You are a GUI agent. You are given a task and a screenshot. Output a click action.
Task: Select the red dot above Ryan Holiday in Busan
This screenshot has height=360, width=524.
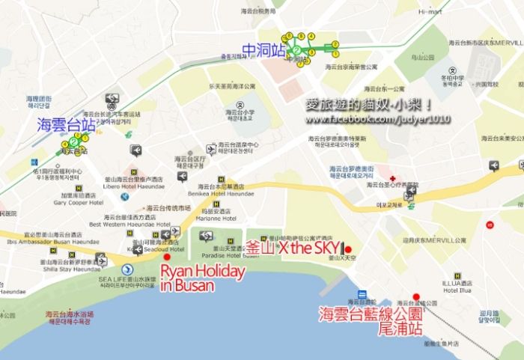coord(166,256)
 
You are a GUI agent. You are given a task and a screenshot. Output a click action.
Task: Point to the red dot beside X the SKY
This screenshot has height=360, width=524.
coord(347,249)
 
